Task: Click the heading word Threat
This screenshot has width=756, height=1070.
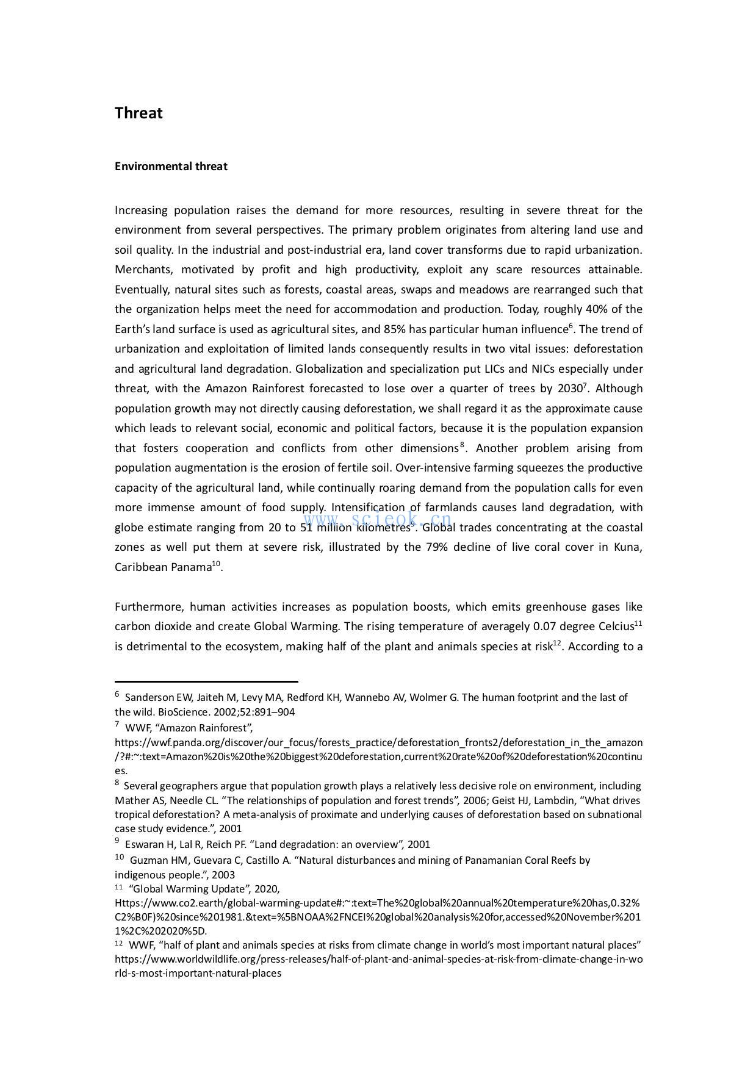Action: click(x=139, y=113)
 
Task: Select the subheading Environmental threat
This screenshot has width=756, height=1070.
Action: click(x=171, y=167)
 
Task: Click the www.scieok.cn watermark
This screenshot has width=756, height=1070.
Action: click(x=378, y=520)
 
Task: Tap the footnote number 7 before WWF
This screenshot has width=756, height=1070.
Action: click(x=117, y=725)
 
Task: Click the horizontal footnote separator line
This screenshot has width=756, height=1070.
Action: click(x=206, y=681)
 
